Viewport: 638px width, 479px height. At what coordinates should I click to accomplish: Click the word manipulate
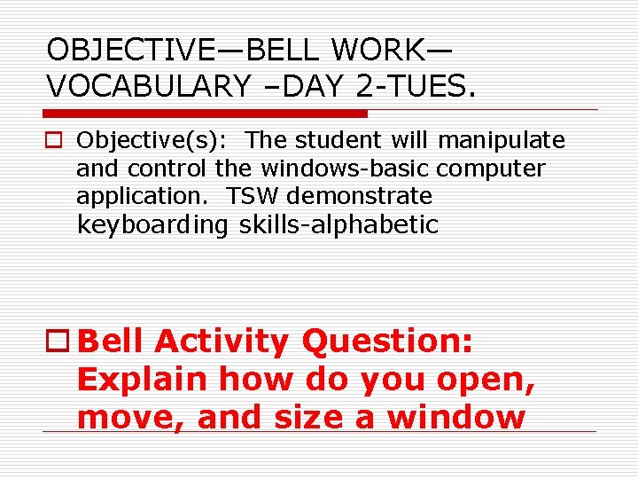point(502,140)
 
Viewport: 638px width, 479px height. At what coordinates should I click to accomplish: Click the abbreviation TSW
point(253,195)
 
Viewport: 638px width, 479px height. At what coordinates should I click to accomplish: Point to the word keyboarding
point(152,225)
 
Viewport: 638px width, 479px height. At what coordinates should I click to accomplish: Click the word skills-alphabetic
point(338,225)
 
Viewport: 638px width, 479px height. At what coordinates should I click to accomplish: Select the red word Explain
point(143,380)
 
